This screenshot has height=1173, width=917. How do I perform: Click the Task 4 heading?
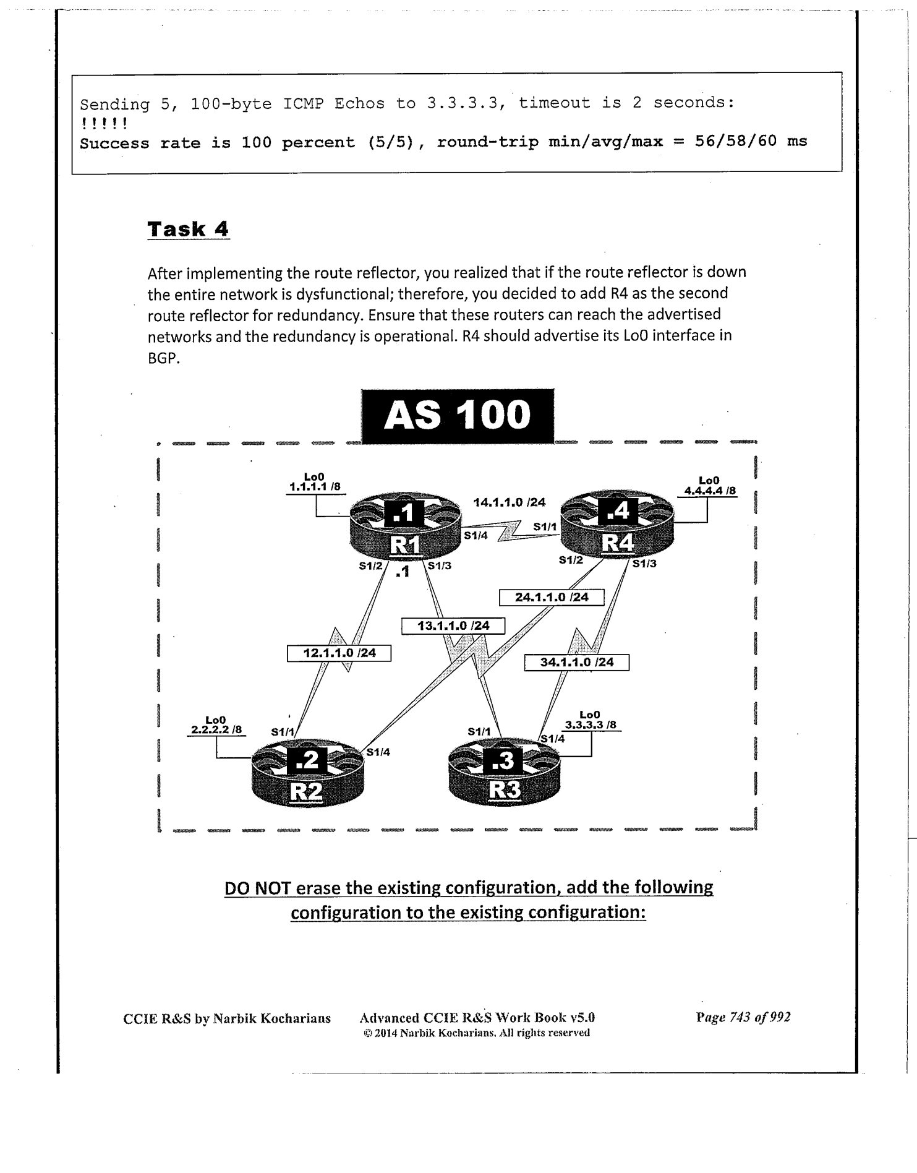click(188, 229)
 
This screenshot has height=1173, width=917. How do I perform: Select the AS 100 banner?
click(458, 415)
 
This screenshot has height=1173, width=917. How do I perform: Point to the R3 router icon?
click(505, 773)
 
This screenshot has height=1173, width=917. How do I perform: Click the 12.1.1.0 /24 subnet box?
click(339, 653)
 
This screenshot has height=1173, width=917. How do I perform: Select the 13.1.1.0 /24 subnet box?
click(453, 625)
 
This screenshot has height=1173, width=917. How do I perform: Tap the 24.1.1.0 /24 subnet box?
click(552, 597)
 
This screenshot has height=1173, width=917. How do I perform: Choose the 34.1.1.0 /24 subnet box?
click(576, 662)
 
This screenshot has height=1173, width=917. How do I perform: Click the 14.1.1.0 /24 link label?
click(509, 502)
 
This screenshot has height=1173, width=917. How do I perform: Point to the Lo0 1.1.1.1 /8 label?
click(315, 482)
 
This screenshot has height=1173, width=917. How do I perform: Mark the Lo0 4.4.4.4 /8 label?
click(709, 486)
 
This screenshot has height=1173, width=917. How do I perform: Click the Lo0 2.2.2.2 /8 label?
click(216, 724)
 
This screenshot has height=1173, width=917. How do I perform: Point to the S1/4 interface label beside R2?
click(378, 752)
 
